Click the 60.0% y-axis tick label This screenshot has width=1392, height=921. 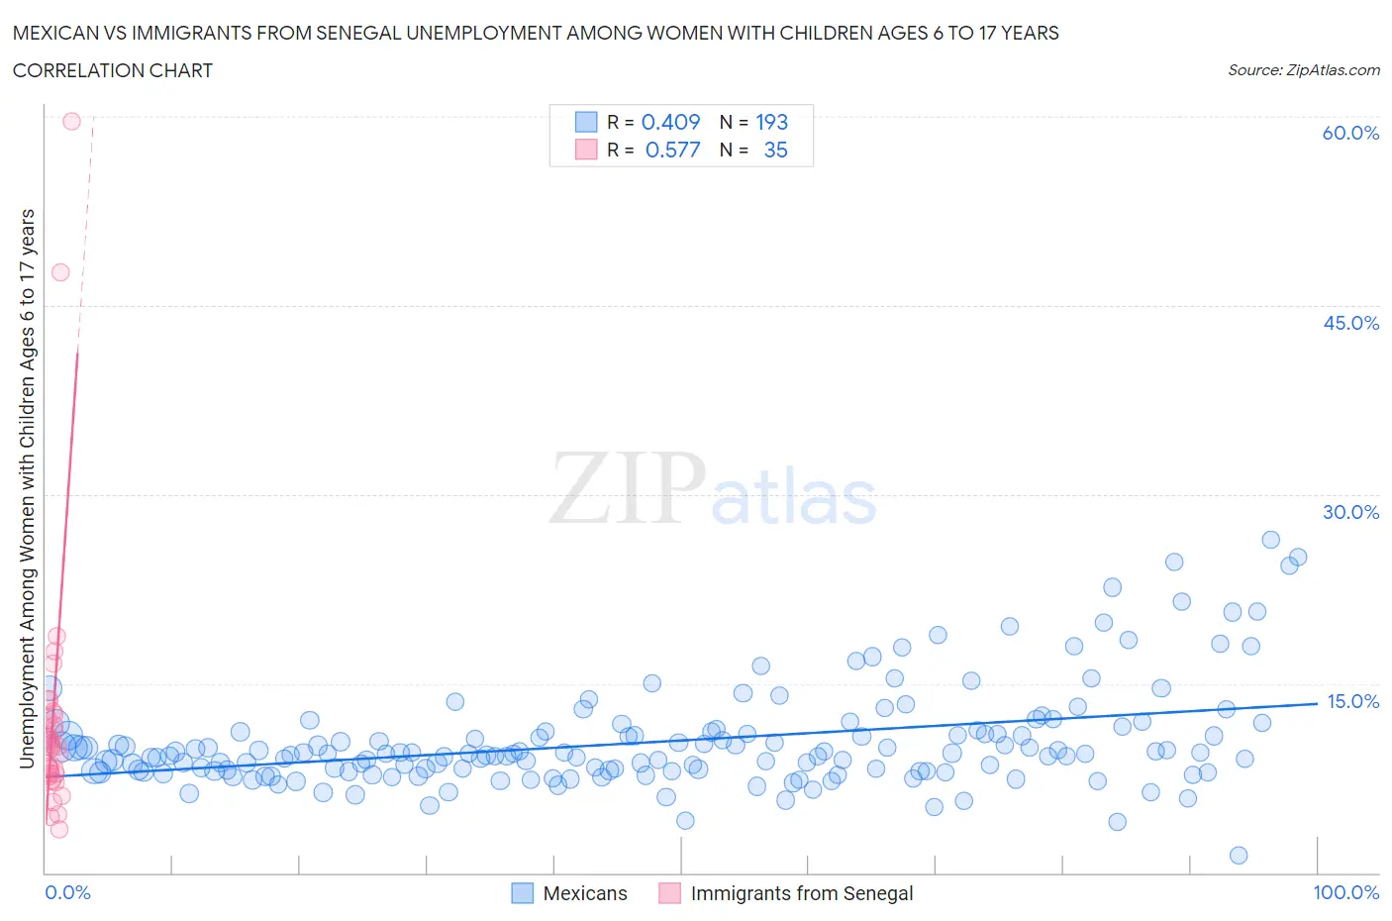click(x=1350, y=133)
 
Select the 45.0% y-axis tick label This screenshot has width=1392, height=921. click(x=1350, y=323)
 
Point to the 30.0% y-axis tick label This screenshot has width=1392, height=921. click(x=1350, y=512)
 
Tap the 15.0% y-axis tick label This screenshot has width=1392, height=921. click(x=1352, y=701)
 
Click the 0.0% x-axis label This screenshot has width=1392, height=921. click(x=67, y=892)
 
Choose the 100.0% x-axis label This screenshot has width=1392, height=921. click(x=1345, y=892)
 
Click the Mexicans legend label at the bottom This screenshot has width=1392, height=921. click(x=585, y=893)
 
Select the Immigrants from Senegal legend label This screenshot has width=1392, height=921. click(x=802, y=893)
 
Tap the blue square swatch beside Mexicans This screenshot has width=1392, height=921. click(x=522, y=893)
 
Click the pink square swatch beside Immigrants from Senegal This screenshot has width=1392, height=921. click(x=670, y=893)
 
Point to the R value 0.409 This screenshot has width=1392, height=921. click(x=670, y=122)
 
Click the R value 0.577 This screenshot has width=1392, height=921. click(x=672, y=150)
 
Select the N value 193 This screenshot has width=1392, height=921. click(x=771, y=122)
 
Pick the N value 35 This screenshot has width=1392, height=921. click(x=775, y=150)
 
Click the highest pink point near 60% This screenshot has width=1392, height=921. click(x=71, y=121)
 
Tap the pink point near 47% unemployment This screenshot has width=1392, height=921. click(x=60, y=272)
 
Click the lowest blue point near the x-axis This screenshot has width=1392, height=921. click(x=1238, y=856)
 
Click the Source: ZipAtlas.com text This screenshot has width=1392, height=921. click(x=1303, y=69)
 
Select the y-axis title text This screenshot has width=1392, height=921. click(x=27, y=488)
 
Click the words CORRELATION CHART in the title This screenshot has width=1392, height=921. click(x=113, y=70)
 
